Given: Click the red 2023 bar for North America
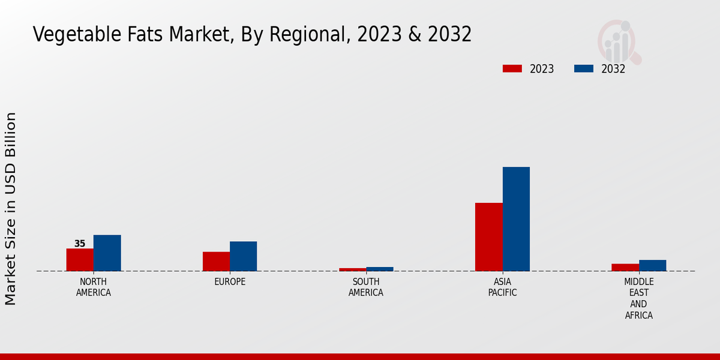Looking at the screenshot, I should coord(80,260).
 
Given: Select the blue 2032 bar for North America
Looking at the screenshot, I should coord(107,253).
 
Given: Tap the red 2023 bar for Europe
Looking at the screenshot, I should coord(216,262).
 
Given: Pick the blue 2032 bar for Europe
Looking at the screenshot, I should coord(243,256).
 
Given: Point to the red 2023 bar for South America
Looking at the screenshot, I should coord(352,269).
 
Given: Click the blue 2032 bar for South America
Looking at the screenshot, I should coord(380,269).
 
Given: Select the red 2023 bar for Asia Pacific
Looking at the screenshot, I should coord(488,237).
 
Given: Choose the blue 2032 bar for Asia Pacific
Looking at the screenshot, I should coord(516,219).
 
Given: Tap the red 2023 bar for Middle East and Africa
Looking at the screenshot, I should coord(625,268).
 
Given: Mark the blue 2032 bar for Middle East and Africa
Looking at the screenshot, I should coord(652,265).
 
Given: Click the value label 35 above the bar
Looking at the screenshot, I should coord(80,244).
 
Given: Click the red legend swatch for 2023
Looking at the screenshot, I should coord(512,68).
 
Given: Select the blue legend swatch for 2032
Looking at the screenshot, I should coord(583,68).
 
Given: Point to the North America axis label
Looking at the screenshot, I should coord(94,287).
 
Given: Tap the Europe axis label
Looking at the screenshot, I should coord(230,282).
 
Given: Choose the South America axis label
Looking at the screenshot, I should coord(366,287).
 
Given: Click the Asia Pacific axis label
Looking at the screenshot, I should coord(502,287).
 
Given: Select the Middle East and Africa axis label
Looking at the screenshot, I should coord(638,298).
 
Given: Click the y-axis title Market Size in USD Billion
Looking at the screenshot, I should coord(11,208).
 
